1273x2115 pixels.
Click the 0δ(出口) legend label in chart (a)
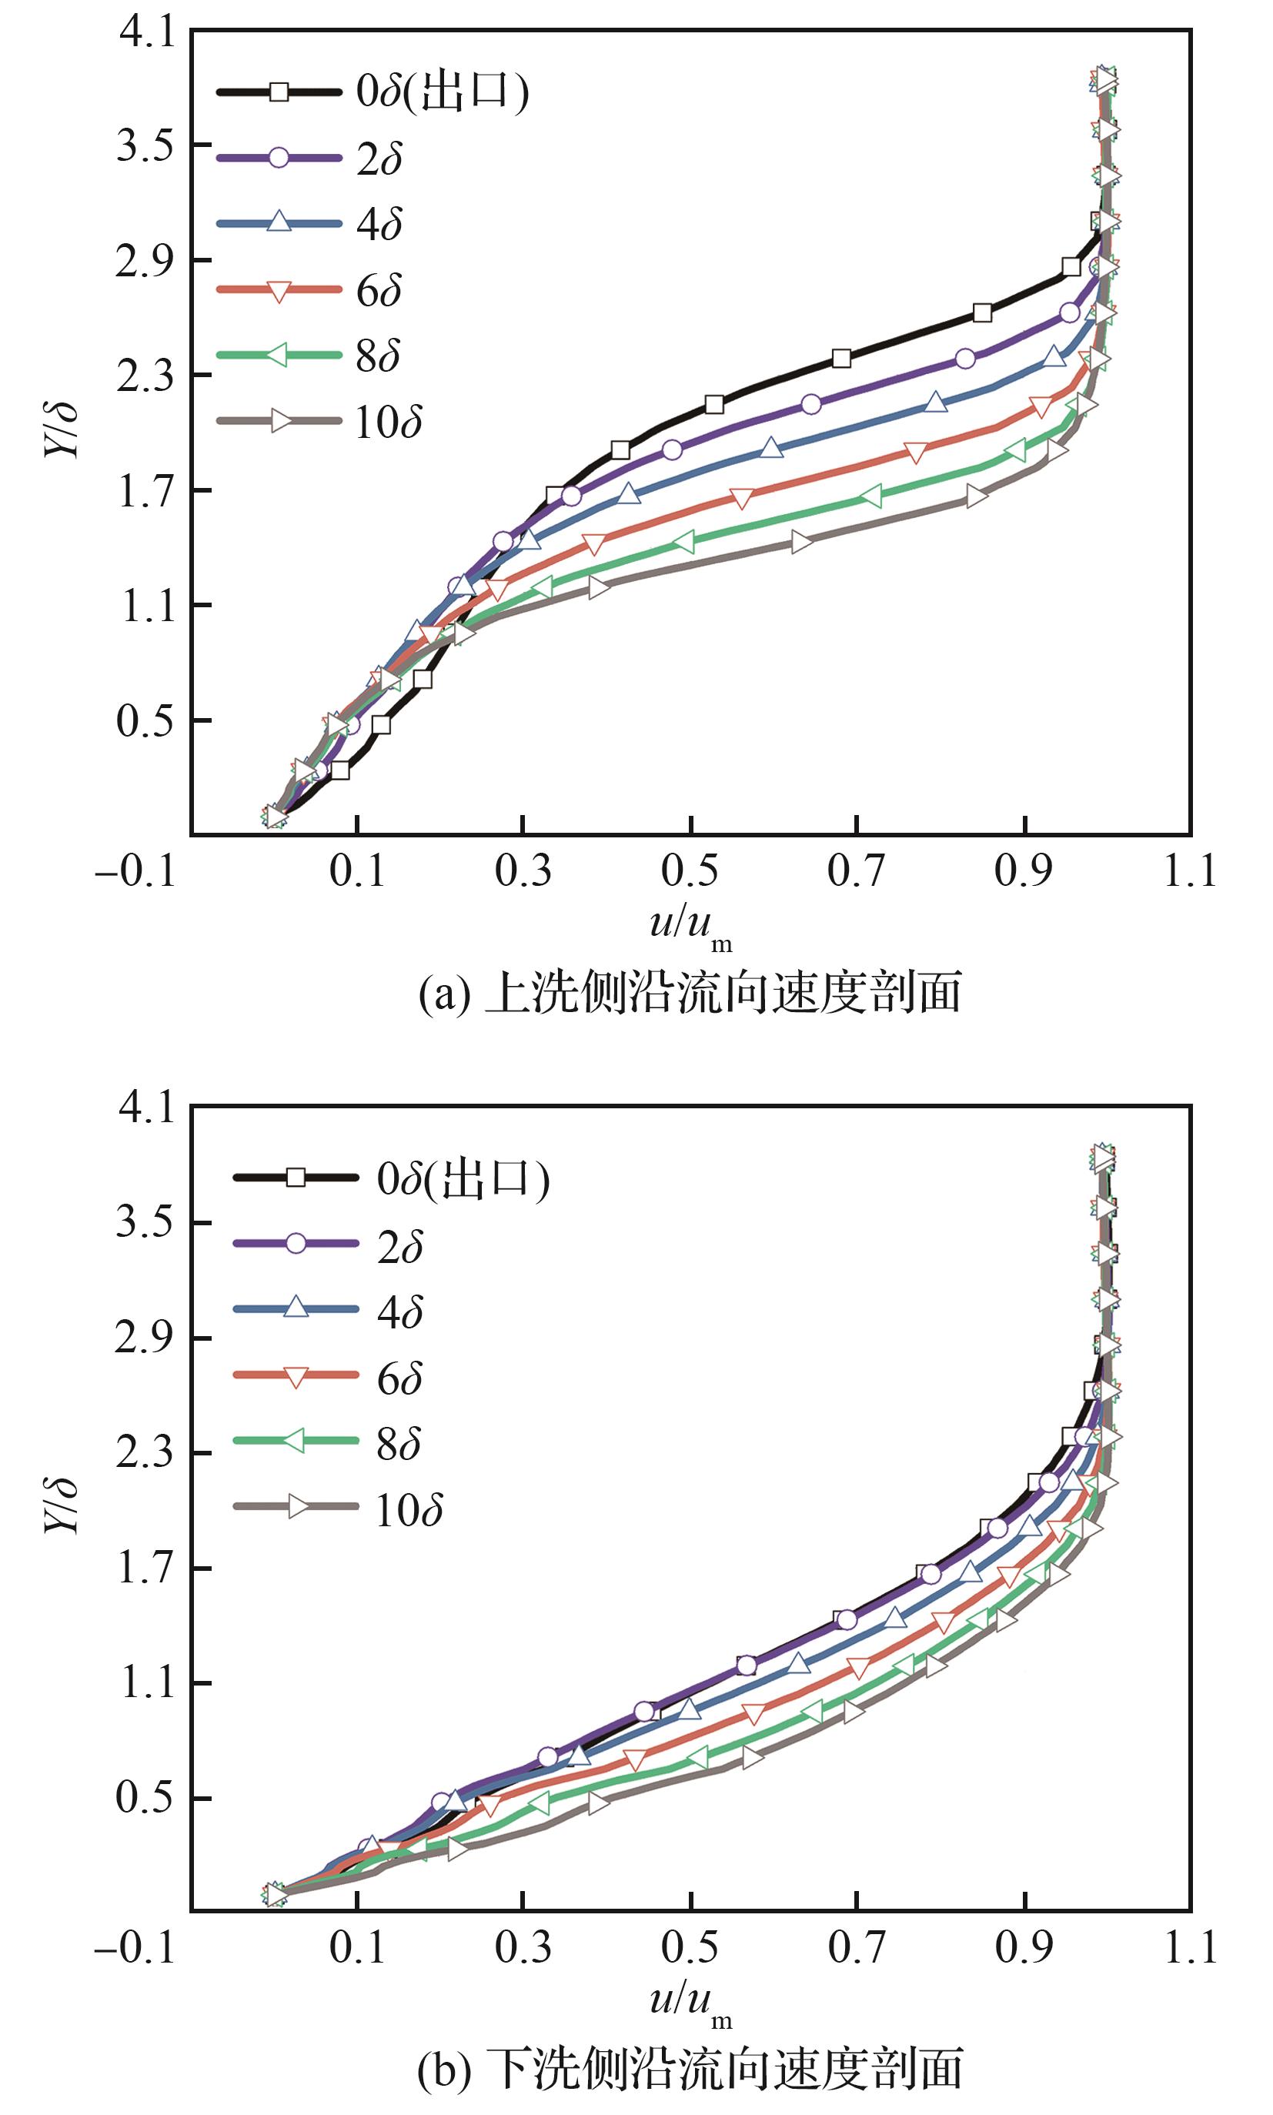pyautogui.click(x=443, y=92)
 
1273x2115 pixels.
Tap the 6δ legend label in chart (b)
pyautogui.click(x=400, y=1379)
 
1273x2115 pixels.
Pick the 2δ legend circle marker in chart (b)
pyautogui.click(x=296, y=1245)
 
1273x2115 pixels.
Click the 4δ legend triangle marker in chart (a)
pyautogui.click(x=279, y=222)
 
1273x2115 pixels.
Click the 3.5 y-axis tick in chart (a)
pyautogui.click(x=145, y=145)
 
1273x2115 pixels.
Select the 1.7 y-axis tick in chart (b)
pyautogui.click(x=145, y=1569)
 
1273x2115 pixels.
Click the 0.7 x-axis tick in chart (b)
pyautogui.click(x=856, y=1948)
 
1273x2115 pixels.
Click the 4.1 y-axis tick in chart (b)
pyautogui.click(x=145, y=1109)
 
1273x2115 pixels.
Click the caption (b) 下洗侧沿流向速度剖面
pyautogui.click(x=690, y=2070)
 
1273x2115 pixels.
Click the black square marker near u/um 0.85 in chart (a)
pyautogui.click(x=982, y=313)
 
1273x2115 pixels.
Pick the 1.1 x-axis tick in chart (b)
pyautogui.click(x=1190, y=1948)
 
